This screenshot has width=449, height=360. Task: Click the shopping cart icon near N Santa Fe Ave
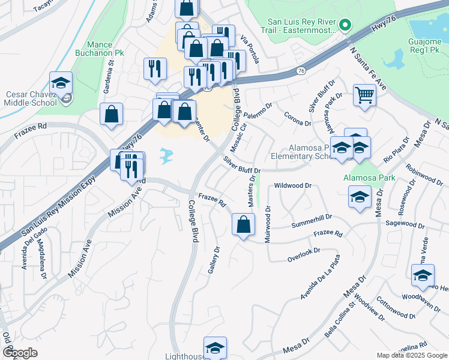[364, 95]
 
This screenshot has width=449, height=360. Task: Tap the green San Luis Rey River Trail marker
[345, 25]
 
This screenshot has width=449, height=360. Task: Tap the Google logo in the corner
[20, 353]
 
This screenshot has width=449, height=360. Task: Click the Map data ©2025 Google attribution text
[412, 355]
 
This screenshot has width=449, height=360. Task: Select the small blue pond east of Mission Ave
[166, 157]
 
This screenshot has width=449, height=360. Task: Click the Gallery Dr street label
[213, 260]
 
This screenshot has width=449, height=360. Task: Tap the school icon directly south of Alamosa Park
[359, 196]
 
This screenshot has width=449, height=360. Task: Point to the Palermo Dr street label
[258, 111]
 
